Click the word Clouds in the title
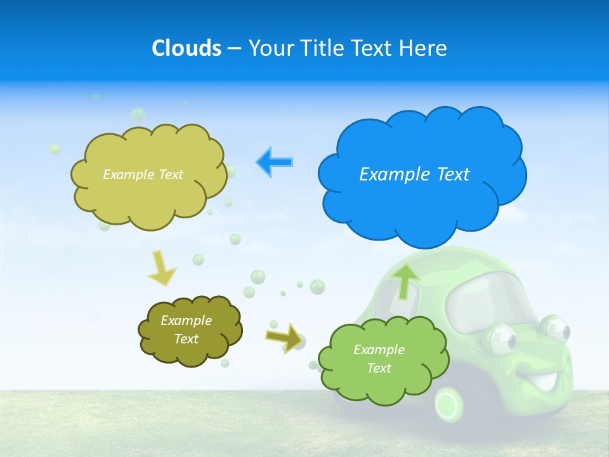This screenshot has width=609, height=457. click(186, 48)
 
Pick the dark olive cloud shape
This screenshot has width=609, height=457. click(190, 330)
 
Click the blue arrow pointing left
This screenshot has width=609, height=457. click(275, 162)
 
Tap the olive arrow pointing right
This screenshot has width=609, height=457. click(284, 336)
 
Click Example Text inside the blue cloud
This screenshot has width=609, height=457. click(414, 175)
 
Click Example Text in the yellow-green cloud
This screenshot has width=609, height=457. click(143, 175)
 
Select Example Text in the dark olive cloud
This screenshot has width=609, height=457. click(186, 330)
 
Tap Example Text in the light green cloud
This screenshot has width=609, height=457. click(379, 359)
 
